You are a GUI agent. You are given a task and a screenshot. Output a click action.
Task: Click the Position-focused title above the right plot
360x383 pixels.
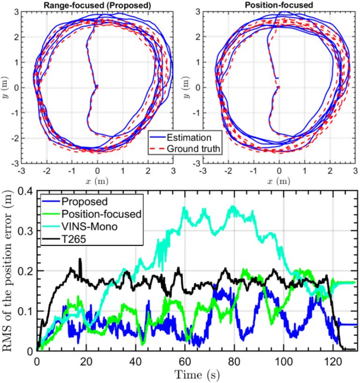tap(279, 5)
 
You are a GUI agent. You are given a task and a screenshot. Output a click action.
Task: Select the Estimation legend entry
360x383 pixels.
tap(191, 137)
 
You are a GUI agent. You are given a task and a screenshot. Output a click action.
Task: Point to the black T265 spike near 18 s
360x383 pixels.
tap(80, 259)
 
